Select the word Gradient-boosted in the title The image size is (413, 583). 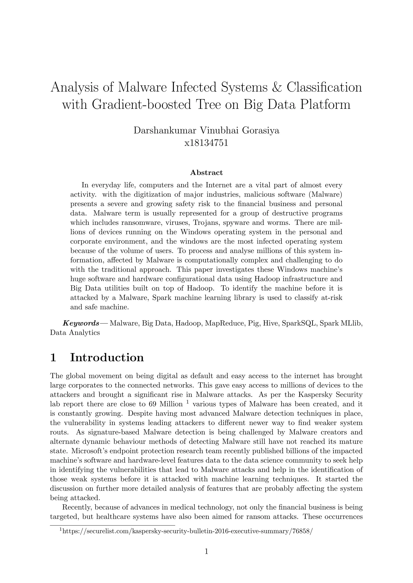(x=141, y=104)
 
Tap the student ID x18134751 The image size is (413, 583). (x=206, y=143)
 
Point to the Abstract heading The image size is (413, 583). (x=206, y=173)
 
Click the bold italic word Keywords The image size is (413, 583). (x=81, y=323)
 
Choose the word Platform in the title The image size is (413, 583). (x=325, y=104)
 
